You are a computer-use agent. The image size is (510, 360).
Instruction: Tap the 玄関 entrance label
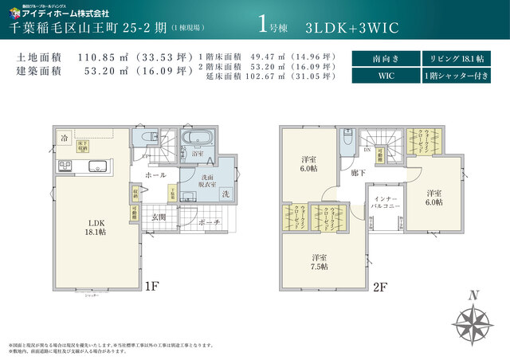(x=159, y=217)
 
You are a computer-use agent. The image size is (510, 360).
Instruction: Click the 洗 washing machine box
(x=226, y=194)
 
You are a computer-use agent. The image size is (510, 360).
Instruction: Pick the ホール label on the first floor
(x=156, y=174)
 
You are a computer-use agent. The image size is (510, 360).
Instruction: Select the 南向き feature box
(x=385, y=59)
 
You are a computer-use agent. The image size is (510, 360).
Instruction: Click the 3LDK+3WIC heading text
(x=351, y=26)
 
